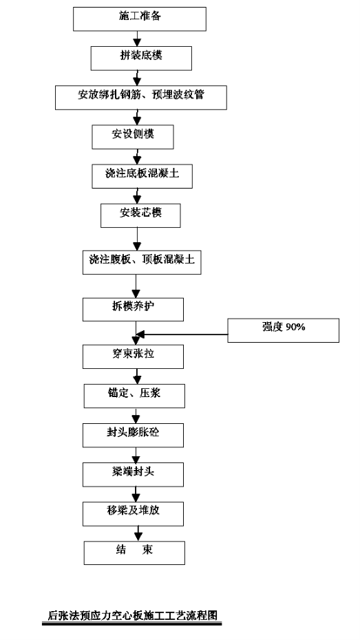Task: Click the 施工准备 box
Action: pyautogui.click(x=140, y=19)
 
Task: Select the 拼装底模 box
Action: pyautogui.click(x=141, y=58)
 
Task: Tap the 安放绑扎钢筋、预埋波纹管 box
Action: pyautogui.click(x=141, y=97)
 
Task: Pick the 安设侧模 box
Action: pyautogui.click(x=133, y=137)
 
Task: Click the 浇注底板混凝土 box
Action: pyautogui.click(x=142, y=176)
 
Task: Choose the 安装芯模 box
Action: pyautogui.click(x=141, y=215)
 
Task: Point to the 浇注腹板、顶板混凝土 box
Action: pyautogui.click(x=142, y=262)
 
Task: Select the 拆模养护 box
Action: pyautogui.click(x=133, y=310)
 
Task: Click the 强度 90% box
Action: pyautogui.click(x=284, y=330)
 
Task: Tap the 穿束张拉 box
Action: pyautogui.click(x=133, y=356)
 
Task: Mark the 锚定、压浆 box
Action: pyautogui.click(x=135, y=396)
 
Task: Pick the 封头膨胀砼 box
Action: pyautogui.click(x=133, y=435)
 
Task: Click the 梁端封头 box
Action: pyautogui.click(x=133, y=474)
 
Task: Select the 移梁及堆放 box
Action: pyautogui.click(x=133, y=514)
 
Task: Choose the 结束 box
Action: pyautogui.click(x=135, y=553)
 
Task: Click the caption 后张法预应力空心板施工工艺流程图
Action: pyautogui.click(x=132, y=615)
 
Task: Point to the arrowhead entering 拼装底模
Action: pyautogui.click(x=137, y=42)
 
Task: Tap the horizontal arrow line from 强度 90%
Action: pyautogui.click(x=182, y=334)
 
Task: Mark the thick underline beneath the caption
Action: pyautogui.click(x=132, y=623)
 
